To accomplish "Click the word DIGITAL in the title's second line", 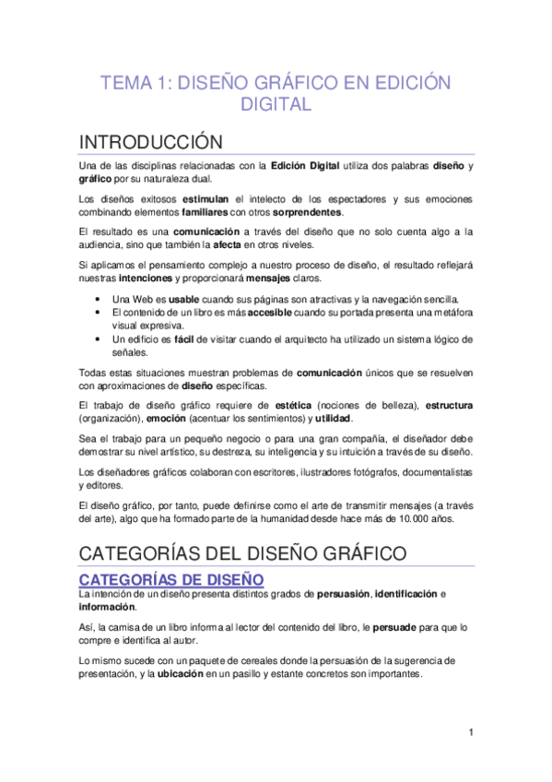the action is click(276, 105).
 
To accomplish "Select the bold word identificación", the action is click(407, 594).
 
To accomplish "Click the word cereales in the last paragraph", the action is click(231, 661).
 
